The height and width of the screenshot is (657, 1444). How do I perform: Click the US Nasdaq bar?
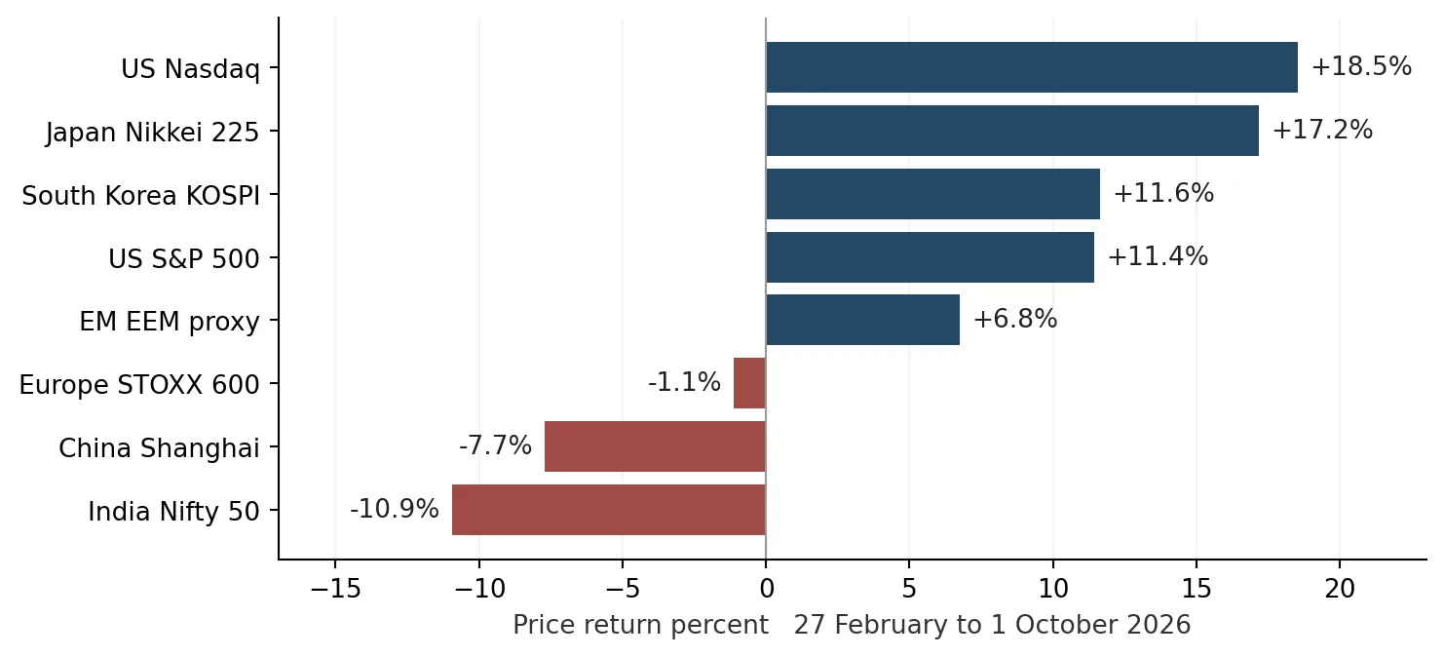(x=1032, y=67)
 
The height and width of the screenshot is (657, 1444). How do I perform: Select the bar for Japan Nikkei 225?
(x=1012, y=131)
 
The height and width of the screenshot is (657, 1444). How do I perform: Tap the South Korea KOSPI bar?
(x=932, y=193)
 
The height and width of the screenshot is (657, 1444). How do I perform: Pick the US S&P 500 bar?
(x=930, y=256)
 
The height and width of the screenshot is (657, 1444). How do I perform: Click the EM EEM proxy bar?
(x=862, y=320)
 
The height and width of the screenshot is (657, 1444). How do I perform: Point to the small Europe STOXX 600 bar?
(x=749, y=383)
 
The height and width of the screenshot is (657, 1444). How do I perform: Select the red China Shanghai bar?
(x=655, y=446)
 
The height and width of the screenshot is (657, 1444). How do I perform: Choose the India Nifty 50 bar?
(x=609, y=510)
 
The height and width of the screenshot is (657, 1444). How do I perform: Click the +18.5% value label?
(x=1361, y=66)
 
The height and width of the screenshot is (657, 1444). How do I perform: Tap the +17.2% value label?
(x=1323, y=130)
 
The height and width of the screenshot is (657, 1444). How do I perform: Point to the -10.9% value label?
(x=395, y=509)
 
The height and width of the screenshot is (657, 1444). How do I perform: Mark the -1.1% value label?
(x=684, y=382)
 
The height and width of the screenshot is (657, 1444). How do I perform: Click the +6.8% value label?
(x=1015, y=319)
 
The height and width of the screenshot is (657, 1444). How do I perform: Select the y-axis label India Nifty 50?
(x=173, y=512)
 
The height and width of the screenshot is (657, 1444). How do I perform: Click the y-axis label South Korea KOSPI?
(x=140, y=195)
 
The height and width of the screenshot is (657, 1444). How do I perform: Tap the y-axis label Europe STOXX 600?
(x=139, y=385)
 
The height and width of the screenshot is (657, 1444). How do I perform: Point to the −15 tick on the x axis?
(x=335, y=589)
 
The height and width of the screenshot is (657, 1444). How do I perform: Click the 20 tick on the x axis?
(x=1340, y=589)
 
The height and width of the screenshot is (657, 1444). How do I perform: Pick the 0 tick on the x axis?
(x=766, y=589)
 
